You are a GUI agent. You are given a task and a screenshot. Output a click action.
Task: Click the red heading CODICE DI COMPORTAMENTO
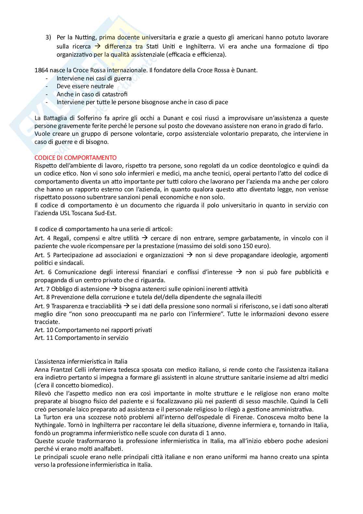point(75,158)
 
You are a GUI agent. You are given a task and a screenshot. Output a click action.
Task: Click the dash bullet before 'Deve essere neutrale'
point(47,86)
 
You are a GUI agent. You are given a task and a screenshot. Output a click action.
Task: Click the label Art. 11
point(44,338)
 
